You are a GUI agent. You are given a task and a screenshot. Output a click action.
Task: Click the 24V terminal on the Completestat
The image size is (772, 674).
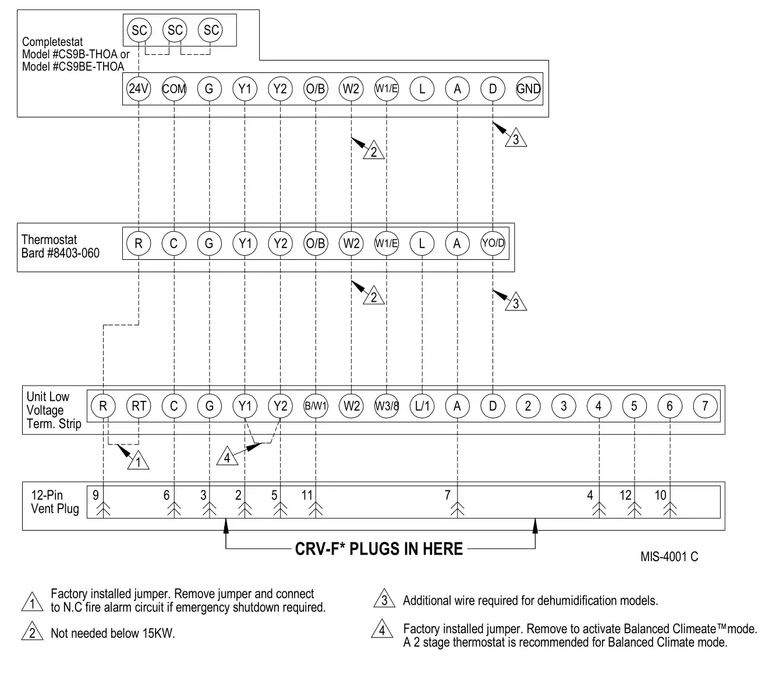(x=139, y=89)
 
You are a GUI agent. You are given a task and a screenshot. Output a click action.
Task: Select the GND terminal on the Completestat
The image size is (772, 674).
(x=528, y=89)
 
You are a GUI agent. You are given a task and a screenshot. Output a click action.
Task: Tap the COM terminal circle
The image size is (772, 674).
(x=174, y=89)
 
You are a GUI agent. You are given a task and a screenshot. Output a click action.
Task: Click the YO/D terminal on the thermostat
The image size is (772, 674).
(x=493, y=244)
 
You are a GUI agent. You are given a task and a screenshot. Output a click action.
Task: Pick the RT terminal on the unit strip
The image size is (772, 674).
(x=139, y=406)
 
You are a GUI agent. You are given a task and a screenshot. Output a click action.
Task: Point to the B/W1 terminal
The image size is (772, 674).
(x=316, y=406)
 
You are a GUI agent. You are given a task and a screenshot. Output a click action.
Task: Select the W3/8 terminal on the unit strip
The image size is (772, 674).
(x=387, y=406)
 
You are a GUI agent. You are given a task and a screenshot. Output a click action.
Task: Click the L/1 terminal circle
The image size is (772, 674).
(x=422, y=406)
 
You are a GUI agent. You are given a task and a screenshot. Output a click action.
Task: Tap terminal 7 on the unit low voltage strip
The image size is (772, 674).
(x=705, y=406)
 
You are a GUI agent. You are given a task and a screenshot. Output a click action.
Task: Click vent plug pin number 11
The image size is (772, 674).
(x=307, y=496)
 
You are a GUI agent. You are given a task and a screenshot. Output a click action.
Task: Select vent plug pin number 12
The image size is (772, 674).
(x=625, y=496)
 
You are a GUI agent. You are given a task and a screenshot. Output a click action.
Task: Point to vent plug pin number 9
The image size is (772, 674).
(x=95, y=496)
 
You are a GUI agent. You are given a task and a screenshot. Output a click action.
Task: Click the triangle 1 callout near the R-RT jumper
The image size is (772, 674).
(x=138, y=462)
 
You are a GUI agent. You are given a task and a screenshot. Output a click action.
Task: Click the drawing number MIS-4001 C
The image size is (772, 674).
(x=669, y=557)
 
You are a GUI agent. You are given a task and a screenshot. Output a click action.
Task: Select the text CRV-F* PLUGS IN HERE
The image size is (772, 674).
(x=379, y=549)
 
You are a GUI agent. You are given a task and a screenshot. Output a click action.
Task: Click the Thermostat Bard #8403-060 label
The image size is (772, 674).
(x=60, y=246)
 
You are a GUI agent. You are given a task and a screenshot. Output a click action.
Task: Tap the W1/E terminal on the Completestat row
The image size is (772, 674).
(x=387, y=89)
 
